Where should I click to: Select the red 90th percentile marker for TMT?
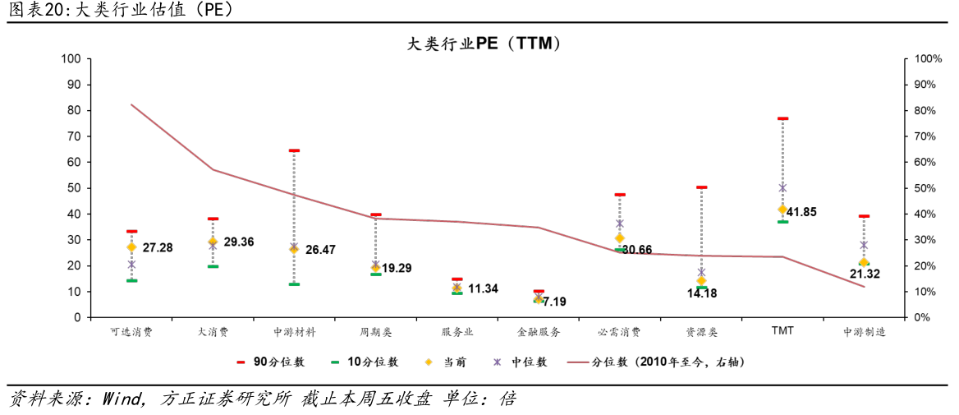tap(782, 118)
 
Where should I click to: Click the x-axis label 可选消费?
tap(131, 333)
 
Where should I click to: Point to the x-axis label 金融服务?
tap(539, 333)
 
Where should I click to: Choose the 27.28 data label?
tap(156, 247)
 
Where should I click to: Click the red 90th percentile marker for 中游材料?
tap(294, 150)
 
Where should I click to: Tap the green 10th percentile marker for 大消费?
tap(213, 266)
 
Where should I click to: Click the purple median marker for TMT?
tap(782, 187)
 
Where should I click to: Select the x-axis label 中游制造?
tap(864, 333)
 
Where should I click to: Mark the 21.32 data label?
tap(864, 274)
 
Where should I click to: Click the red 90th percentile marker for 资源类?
tap(701, 187)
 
